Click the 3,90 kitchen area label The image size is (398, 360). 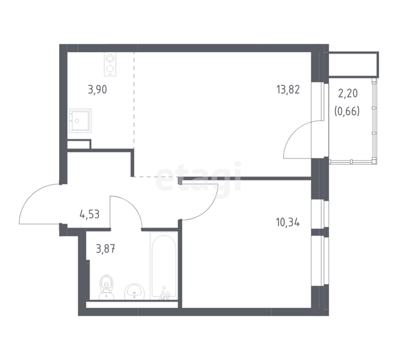(98, 90)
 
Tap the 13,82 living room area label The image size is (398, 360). (288, 90)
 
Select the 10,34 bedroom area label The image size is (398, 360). (288, 223)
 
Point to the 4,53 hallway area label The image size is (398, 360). (90, 215)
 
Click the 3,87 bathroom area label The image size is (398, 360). (106, 249)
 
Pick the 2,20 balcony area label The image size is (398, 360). (348, 94)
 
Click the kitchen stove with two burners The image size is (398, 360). (110, 64)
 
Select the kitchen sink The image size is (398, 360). (80, 121)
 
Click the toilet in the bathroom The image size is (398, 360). (106, 287)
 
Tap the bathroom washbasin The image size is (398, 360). (134, 292)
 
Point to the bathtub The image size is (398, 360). (164, 265)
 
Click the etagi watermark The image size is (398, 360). (198, 176)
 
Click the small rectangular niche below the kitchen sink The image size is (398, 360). (79, 144)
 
